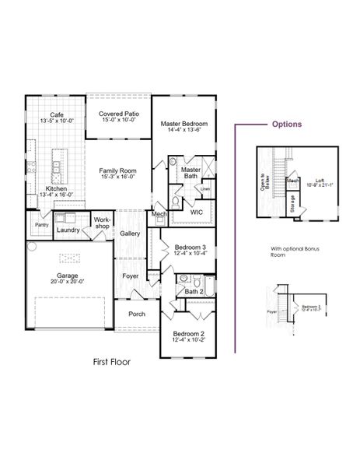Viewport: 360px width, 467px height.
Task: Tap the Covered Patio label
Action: coord(117,114)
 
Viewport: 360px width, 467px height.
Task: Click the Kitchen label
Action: coord(55,189)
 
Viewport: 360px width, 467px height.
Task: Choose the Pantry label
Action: coord(41,225)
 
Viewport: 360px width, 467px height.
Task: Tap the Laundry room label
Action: coord(69,230)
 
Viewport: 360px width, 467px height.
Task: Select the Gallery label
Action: coord(130,233)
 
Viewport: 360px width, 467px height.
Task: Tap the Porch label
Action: coord(135,314)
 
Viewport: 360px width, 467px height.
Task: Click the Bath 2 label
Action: coord(194,291)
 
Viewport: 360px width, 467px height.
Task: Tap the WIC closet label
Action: coord(196,211)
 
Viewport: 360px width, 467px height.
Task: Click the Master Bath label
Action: coord(190,172)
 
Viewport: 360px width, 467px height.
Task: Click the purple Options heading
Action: coord(286,125)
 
